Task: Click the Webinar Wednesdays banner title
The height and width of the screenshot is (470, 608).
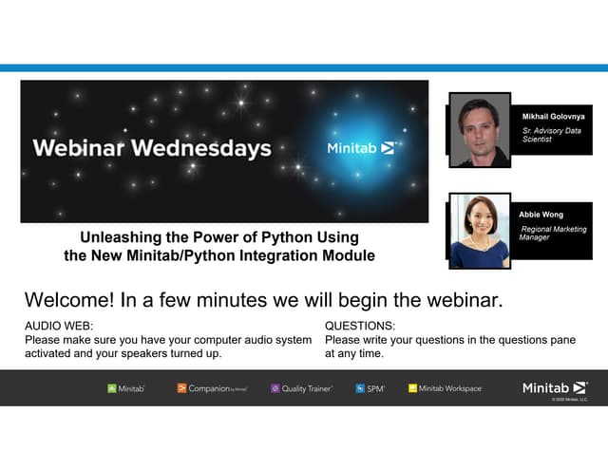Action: [151, 148]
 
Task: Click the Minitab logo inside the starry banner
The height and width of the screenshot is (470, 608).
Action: [360, 148]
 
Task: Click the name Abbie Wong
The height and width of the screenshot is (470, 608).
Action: [541, 215]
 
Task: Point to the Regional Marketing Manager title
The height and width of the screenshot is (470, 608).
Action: [552, 234]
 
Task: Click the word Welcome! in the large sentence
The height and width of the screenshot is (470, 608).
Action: [66, 300]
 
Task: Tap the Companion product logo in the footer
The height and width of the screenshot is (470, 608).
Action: [212, 388]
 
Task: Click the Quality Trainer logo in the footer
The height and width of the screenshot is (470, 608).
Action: [302, 388]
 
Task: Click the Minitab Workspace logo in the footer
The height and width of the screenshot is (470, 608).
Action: [445, 388]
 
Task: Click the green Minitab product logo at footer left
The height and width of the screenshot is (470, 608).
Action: [125, 388]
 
